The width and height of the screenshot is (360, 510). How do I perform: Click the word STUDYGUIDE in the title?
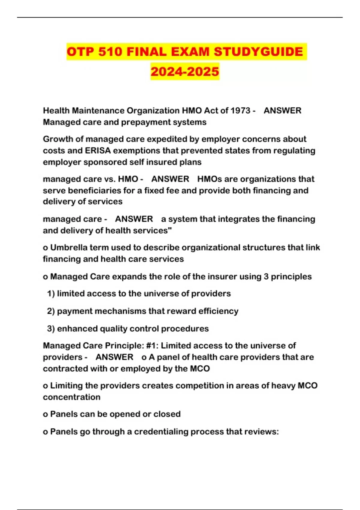[258, 52]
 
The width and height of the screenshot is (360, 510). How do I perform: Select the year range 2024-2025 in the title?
[185, 71]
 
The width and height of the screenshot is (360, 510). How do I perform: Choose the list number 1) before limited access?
[51, 293]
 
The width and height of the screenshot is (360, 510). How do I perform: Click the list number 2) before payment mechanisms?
[51, 311]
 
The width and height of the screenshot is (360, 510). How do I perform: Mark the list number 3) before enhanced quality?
[51, 328]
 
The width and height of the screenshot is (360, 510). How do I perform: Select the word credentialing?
[161, 432]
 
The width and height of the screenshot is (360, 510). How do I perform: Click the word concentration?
[71, 397]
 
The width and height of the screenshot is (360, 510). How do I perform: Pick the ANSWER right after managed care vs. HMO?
[170, 179]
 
